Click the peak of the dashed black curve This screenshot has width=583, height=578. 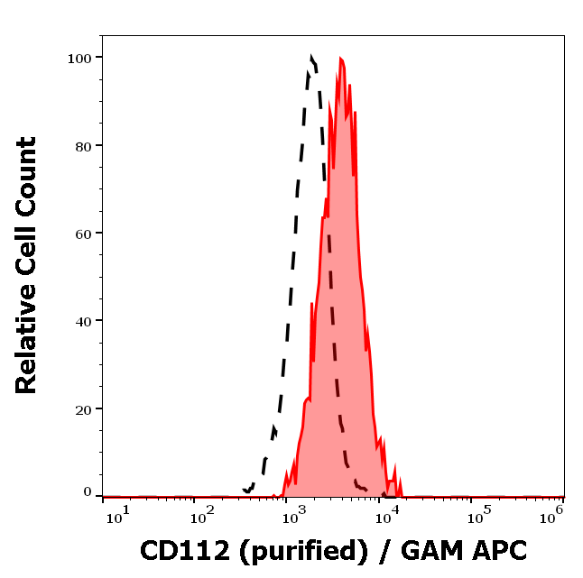pyautogui.click(x=311, y=57)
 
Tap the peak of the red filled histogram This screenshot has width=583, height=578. pyautogui.click(x=342, y=59)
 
